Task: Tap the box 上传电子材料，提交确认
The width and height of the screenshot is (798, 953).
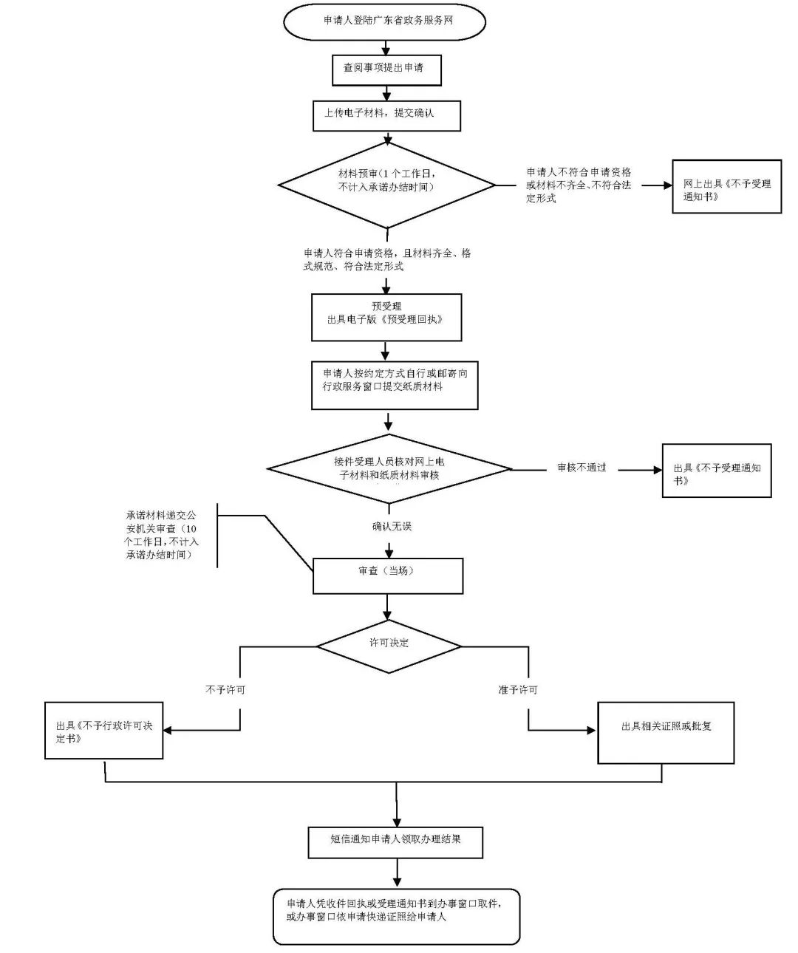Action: [386, 115]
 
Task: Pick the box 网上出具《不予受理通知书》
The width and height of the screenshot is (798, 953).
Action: [726, 188]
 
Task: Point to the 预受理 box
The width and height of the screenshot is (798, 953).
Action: [386, 317]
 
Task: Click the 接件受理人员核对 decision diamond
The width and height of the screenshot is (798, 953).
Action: [389, 469]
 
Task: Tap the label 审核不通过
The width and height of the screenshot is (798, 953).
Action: [582, 468]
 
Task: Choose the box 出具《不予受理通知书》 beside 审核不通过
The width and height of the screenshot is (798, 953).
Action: [716, 471]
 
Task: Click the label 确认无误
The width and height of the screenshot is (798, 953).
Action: [392, 527]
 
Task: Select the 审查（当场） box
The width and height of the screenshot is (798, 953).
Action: [388, 575]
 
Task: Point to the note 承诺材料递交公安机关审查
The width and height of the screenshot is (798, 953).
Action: [160, 534]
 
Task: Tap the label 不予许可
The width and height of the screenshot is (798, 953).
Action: [225, 690]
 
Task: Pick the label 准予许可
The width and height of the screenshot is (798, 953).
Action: [517, 690]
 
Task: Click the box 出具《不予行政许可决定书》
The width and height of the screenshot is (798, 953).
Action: [104, 731]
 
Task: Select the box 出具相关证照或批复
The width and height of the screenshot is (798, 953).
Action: [666, 731]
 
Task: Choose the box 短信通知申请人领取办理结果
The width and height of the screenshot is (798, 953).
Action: [395, 842]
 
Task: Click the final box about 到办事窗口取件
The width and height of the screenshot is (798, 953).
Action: [396, 916]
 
